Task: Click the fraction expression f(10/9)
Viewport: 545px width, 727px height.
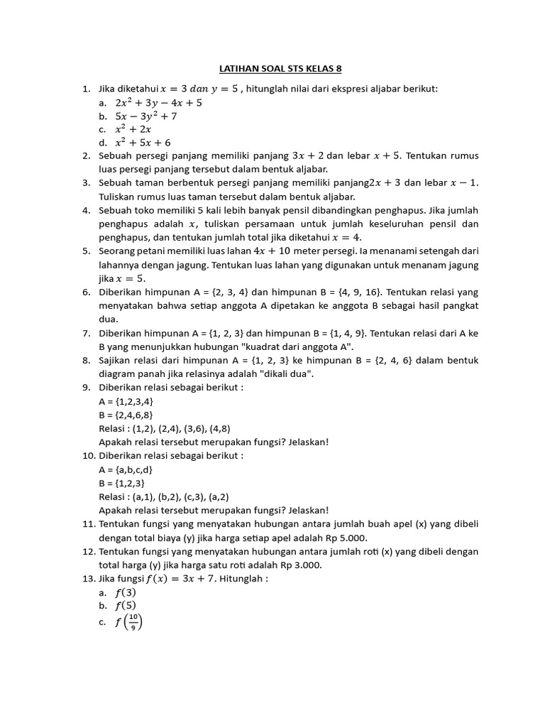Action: tap(128, 623)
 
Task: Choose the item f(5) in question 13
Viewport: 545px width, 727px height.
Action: tap(125, 606)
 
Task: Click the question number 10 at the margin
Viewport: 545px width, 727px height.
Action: tap(88, 456)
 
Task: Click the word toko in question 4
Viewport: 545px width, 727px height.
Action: tap(147, 211)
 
